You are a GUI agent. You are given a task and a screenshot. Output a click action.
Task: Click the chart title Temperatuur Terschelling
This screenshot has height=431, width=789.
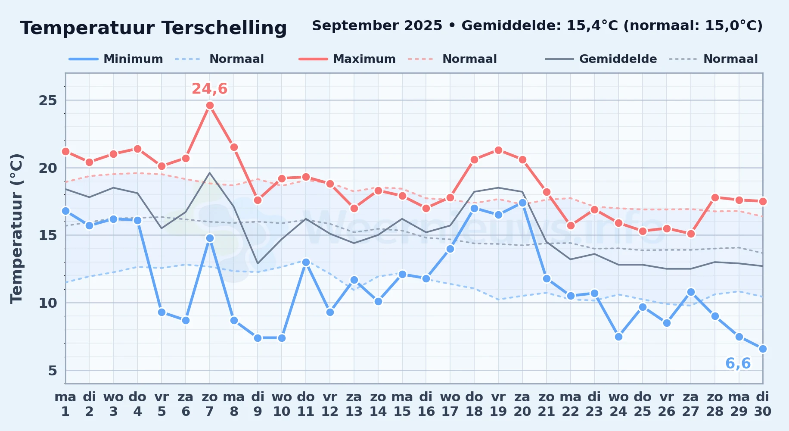pos(153,28)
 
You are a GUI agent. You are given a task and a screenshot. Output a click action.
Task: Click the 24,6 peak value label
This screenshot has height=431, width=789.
pos(210,89)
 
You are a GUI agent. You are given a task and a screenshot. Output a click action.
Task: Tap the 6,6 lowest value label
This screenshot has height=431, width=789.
pos(738,364)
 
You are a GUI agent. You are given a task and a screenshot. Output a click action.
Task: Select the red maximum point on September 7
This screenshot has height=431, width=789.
pos(210,106)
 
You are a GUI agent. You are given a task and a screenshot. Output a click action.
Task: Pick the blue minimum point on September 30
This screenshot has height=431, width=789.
pos(763,349)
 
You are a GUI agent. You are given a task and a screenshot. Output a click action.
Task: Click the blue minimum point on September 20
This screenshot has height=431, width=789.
pos(522,203)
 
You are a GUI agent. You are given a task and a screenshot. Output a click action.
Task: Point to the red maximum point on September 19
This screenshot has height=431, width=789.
pos(498,150)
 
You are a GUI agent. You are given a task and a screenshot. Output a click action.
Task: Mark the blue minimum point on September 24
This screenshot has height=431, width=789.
pos(618,337)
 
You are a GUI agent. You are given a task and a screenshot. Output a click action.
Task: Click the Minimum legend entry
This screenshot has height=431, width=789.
pos(116,59)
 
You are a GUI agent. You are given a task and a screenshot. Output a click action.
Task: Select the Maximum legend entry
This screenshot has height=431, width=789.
pos(347,59)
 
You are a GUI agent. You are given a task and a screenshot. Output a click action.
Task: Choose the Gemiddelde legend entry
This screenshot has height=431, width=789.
pos(601,59)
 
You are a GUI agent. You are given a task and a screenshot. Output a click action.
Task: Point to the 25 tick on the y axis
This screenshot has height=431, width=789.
pos(48,100)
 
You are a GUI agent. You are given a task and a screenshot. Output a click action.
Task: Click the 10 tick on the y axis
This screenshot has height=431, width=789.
pos(48,303)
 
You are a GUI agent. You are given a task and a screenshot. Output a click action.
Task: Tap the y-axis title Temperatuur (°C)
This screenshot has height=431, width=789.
pos(16,228)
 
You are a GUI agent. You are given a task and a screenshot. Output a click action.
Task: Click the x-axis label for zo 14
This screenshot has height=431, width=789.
pos(378,404)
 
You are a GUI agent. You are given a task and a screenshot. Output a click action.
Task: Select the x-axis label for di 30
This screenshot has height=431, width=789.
pos(763,404)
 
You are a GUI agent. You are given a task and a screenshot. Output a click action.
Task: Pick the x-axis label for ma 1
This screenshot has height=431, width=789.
pos(65,404)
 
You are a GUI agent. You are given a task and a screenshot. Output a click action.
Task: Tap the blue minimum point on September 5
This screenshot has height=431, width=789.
pos(162,312)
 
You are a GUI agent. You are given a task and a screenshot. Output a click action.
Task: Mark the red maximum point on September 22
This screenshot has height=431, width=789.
pos(571,225)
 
